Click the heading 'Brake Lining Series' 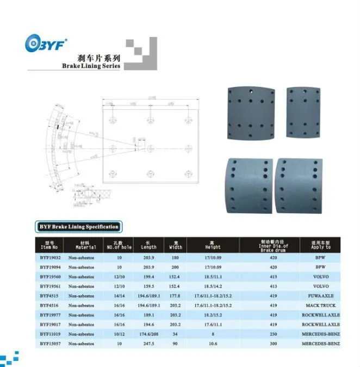pos(91,66)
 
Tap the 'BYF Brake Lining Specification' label pos(78,226)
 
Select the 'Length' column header pos(148,245)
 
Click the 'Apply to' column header pos(321,245)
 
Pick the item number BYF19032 pos(50,258)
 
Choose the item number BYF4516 pos(49,306)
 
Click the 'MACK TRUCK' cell pos(321,306)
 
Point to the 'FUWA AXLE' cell pos(321,296)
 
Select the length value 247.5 pos(148,344)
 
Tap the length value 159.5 pos(148,287)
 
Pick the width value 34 pos(175,334)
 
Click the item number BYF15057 pos(50,344)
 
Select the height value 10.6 pos(213,344)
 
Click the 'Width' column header pos(176,245)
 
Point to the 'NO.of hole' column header pos(119,245)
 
